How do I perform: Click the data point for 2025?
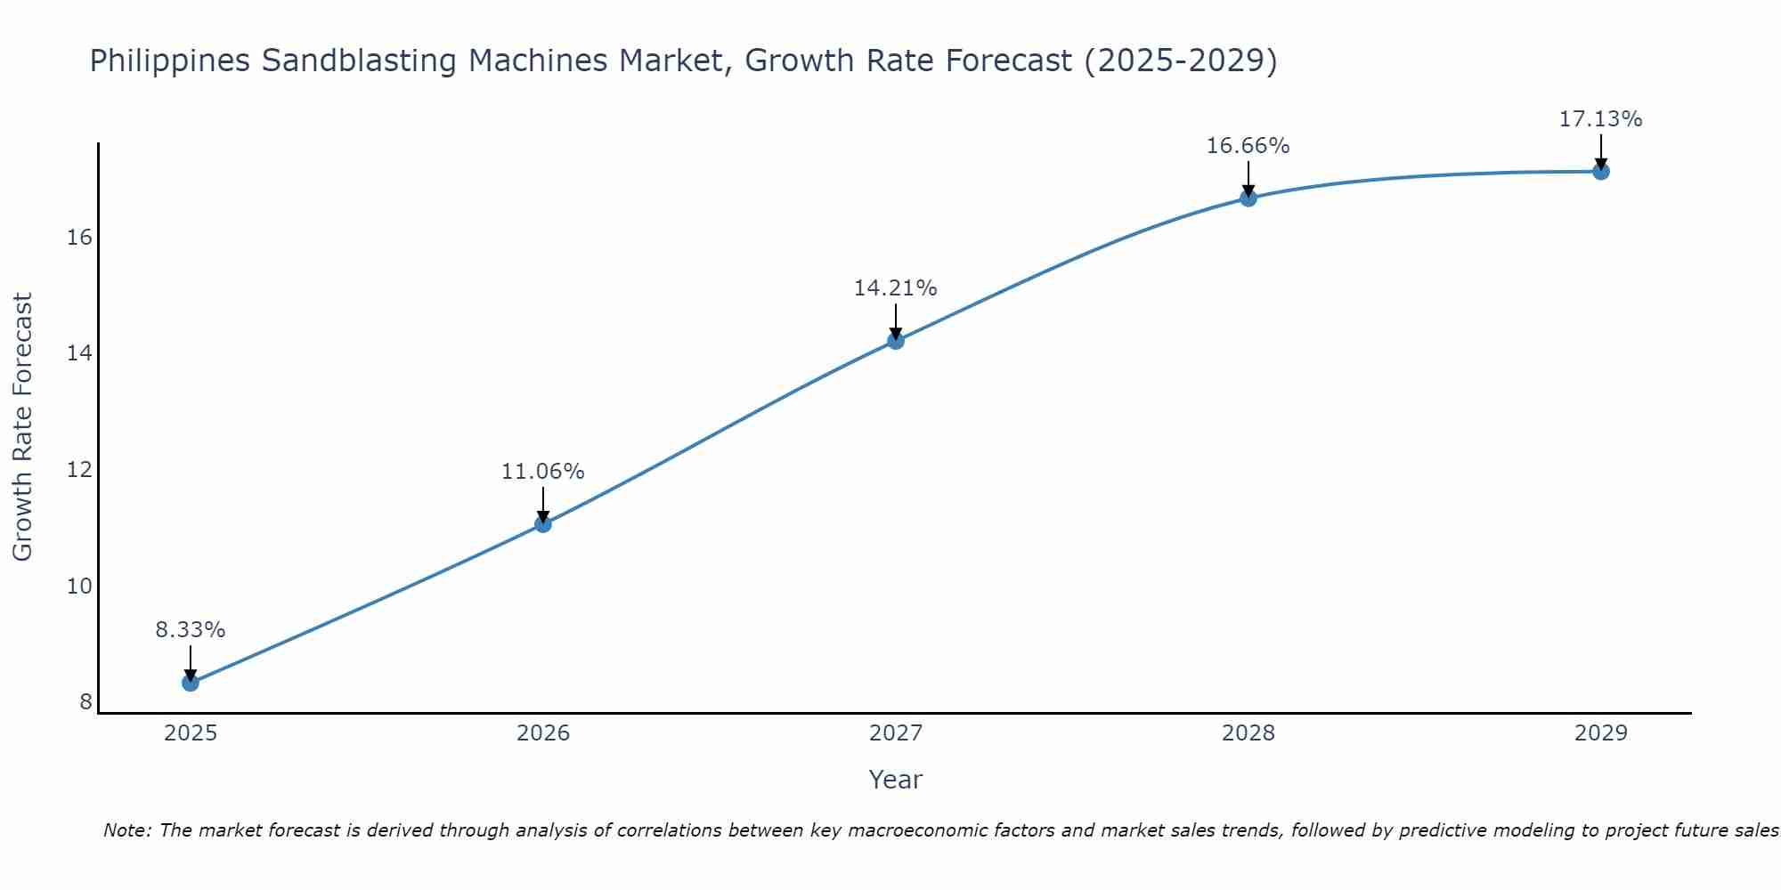pyautogui.click(x=191, y=683)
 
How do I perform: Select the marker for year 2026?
pyautogui.click(x=543, y=524)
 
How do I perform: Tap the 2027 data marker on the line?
pyautogui.click(x=896, y=341)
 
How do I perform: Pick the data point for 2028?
pyautogui.click(x=1248, y=198)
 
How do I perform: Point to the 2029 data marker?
pyautogui.click(x=1601, y=172)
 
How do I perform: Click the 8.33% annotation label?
pyautogui.click(x=191, y=630)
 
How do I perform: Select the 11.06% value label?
pyautogui.click(x=542, y=472)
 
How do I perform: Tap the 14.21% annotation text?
pyautogui.click(x=895, y=288)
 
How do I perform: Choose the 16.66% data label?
pyautogui.click(x=1248, y=146)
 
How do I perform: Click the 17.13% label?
pyautogui.click(x=1600, y=119)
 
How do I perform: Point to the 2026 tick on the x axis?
pyautogui.click(x=543, y=733)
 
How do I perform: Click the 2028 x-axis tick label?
pyautogui.click(x=1248, y=733)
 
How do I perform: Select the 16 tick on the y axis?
pyautogui.click(x=80, y=238)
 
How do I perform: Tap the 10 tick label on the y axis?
pyautogui.click(x=80, y=587)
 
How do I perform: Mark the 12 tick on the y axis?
pyautogui.click(x=80, y=470)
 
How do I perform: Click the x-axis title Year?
pyautogui.click(x=895, y=780)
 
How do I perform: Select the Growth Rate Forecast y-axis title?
pyautogui.click(x=23, y=427)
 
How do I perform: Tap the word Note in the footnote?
pyautogui.click(x=127, y=830)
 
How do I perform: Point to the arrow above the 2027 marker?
pyautogui.click(x=896, y=320)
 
